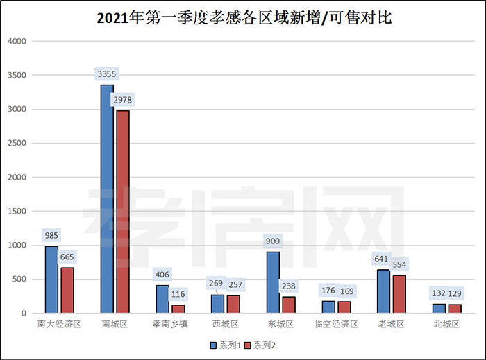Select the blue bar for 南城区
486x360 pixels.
(107, 199)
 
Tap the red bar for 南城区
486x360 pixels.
(123, 212)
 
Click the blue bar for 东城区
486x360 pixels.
(274, 282)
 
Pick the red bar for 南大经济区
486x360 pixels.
(67, 290)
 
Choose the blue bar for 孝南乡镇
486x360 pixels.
(162, 299)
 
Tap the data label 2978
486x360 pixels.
(122, 100)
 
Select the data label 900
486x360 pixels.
(273, 241)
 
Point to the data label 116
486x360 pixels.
(178, 295)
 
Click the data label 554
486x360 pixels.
(399, 264)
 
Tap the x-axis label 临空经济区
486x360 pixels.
(335, 324)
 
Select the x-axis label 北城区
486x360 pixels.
(446, 324)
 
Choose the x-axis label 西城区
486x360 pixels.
(225, 324)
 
